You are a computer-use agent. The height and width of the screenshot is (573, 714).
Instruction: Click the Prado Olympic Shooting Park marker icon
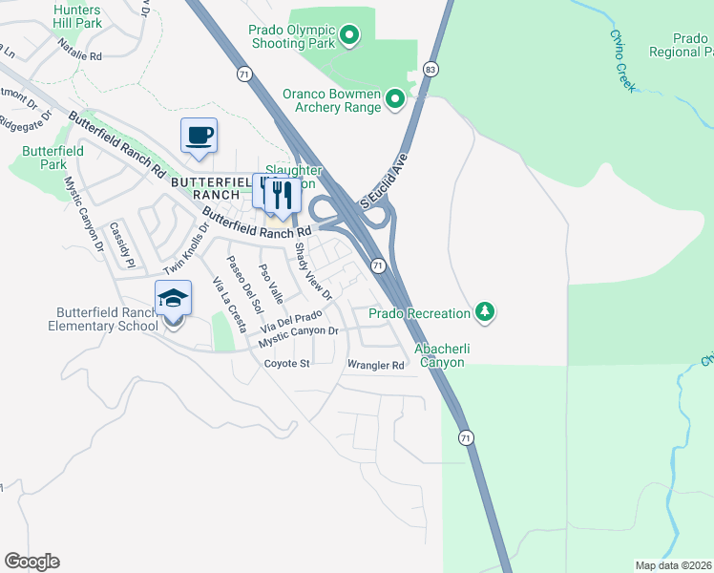click(x=349, y=37)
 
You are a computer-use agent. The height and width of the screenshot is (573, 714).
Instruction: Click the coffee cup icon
click(x=199, y=136)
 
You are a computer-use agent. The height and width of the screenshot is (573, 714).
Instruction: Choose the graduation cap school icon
click(x=173, y=300)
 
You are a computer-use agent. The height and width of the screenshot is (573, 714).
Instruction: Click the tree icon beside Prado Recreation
click(x=486, y=312)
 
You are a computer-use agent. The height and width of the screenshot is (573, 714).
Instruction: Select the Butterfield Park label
click(x=53, y=158)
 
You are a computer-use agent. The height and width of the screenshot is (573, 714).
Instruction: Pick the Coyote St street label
click(x=287, y=364)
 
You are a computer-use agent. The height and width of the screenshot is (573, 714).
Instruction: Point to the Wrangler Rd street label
click(x=375, y=365)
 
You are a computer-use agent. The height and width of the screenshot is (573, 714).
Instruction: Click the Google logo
click(x=31, y=562)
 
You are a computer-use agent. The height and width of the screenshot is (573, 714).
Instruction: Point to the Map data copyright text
click(x=674, y=564)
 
